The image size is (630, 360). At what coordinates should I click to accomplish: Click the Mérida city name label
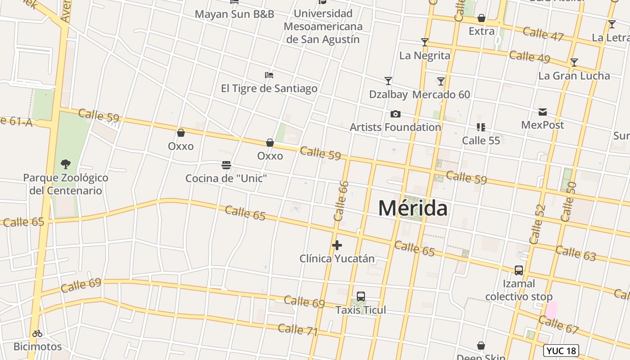[x=413, y=208]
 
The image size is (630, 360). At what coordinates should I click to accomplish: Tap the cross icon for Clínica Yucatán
[x=337, y=245]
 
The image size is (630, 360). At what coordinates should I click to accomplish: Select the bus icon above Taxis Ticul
[x=360, y=297]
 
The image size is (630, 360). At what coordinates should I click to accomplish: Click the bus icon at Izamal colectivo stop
[x=519, y=270]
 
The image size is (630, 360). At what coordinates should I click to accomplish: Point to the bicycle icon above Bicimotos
[x=37, y=333]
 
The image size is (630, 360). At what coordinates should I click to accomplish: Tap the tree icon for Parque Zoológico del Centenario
[x=66, y=164]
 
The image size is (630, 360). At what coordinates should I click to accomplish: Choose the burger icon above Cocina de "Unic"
[x=226, y=165]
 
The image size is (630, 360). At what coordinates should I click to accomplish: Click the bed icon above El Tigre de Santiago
[x=269, y=75]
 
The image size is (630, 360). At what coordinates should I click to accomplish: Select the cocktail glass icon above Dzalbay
[x=388, y=81]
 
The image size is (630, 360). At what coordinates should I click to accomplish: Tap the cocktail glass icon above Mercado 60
[x=441, y=81]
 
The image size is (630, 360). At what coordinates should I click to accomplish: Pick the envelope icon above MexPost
[x=543, y=112]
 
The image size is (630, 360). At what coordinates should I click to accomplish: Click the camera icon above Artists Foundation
[x=396, y=114]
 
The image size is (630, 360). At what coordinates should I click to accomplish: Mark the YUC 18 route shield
[x=561, y=351]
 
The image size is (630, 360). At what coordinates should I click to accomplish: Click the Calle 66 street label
[x=342, y=201]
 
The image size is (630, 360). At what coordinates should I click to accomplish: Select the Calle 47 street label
[x=543, y=34]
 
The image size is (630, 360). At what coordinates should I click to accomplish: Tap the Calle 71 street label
[x=298, y=330]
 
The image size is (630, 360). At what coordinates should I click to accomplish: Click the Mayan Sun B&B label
[x=234, y=14]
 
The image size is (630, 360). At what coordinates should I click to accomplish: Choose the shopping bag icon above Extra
[x=481, y=18]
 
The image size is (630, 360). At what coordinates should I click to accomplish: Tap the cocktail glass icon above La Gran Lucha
[x=574, y=63]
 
